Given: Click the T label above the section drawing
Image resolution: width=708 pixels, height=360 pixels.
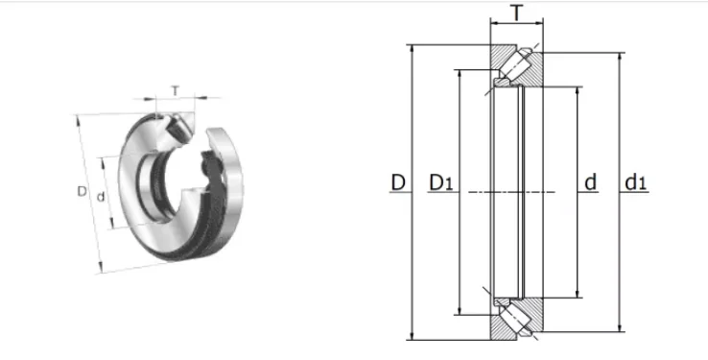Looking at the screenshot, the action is coord(516,13).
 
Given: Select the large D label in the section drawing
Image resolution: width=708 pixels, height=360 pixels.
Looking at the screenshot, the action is coord(398,183).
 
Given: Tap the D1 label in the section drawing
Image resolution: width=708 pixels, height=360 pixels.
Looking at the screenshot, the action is coord(440,183).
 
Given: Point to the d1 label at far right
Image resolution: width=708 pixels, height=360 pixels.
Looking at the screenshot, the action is coord(636,182).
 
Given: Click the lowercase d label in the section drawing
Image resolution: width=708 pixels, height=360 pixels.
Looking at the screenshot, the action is coord(590,182).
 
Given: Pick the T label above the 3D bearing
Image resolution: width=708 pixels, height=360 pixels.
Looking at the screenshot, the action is coord(176,91).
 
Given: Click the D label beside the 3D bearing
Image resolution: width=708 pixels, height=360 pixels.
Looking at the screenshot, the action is coord(82,191).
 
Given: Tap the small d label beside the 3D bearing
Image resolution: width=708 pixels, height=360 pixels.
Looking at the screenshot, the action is coord(101,197).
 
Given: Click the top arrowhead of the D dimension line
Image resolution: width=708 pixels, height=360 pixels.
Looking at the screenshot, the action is coord(412,49).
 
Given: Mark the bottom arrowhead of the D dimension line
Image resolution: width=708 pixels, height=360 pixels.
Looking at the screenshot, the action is coord(412,336).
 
